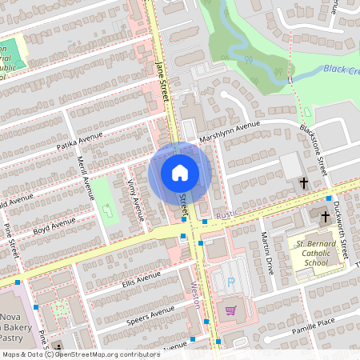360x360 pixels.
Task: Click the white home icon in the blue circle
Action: pyautogui.click(x=180, y=173)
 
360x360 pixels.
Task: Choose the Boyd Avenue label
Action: pyautogui.click(x=54, y=226)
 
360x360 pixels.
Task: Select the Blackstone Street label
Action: pyautogui.click(x=314, y=142)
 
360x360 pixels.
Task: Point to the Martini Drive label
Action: pyautogui.click(x=267, y=251)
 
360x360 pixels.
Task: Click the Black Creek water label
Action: pyautogui.click(x=342, y=70)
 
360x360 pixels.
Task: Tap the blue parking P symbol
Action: pyautogui.click(x=232, y=282)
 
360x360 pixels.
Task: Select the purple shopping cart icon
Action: pyautogui.click(x=231, y=310)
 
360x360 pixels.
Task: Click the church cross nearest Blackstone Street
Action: pyautogui.click(x=303, y=184)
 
